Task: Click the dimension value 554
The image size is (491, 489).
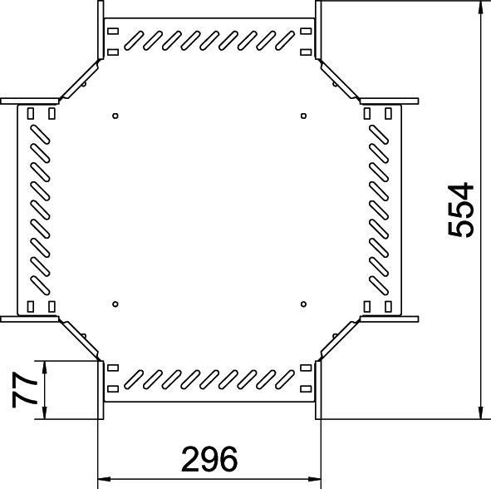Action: (x=460, y=210)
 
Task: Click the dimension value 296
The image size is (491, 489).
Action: (x=209, y=459)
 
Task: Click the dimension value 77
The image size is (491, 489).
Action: (x=24, y=390)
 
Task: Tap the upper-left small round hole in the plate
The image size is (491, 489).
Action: (x=115, y=116)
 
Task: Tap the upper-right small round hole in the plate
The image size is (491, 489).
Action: (x=303, y=116)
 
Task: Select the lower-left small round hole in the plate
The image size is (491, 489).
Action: (x=115, y=304)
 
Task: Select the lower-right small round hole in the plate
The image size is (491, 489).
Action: (x=303, y=304)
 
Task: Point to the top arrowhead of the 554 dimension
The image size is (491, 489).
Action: (x=480, y=7)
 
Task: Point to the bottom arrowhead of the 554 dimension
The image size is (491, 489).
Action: (x=480, y=412)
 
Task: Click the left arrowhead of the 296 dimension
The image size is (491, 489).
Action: (x=105, y=479)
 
